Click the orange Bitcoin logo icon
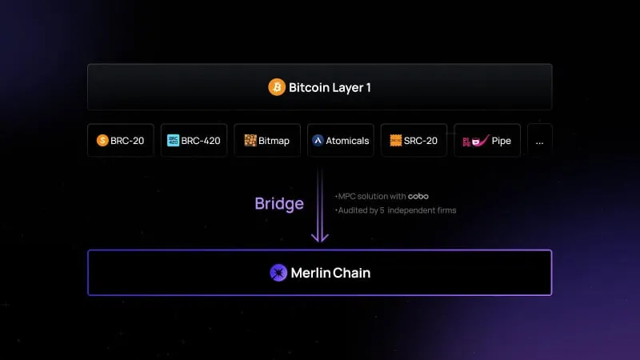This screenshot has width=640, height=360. (x=277, y=87)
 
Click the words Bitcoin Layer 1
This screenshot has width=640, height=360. (x=330, y=87)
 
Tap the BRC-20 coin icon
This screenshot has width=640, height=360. (x=102, y=141)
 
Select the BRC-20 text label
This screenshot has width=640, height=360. (x=127, y=141)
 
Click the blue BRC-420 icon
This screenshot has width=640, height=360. (x=173, y=141)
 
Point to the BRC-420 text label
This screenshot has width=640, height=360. (x=201, y=141)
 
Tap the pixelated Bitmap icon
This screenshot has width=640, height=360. (x=250, y=141)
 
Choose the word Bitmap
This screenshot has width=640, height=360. (x=274, y=141)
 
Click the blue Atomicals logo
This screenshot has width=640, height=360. (x=318, y=141)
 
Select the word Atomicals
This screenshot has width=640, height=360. (x=347, y=141)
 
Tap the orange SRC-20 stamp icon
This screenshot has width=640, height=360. (x=396, y=141)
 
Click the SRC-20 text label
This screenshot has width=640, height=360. (x=421, y=141)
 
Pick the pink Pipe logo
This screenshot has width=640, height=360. (x=475, y=141)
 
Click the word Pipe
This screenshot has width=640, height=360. (x=502, y=141)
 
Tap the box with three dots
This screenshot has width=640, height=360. (x=539, y=141)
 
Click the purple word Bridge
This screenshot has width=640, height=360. (x=279, y=204)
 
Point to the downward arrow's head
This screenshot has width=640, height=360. (x=320, y=237)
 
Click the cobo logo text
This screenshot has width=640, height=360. (x=418, y=196)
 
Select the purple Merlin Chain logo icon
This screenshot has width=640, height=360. (x=278, y=273)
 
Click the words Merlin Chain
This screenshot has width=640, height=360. (x=330, y=273)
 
